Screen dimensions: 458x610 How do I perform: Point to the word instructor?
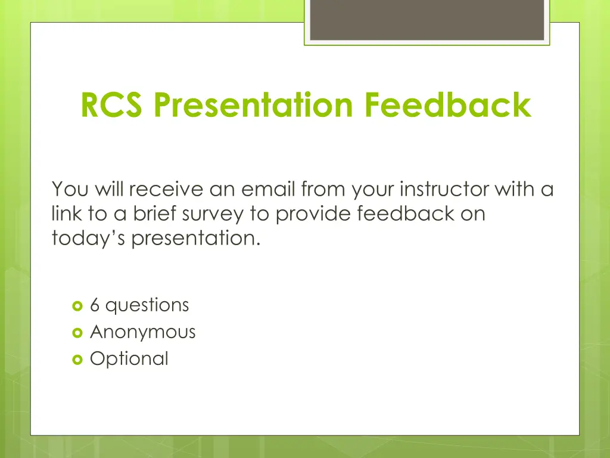pyautogui.click(x=444, y=190)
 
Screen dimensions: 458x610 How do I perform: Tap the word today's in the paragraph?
pyautogui.click(x=89, y=238)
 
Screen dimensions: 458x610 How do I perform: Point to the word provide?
pyautogui.click(x=314, y=213)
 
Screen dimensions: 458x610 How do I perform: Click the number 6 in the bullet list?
pyautogui.click(x=95, y=305)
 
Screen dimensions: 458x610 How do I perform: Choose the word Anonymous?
pyautogui.click(x=142, y=332)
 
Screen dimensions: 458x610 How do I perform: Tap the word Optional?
pyautogui.click(x=129, y=358)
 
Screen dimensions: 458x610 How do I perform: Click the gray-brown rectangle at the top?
pyautogui.click(x=427, y=20)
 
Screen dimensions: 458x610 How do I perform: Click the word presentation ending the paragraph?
pyautogui.click(x=196, y=238)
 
